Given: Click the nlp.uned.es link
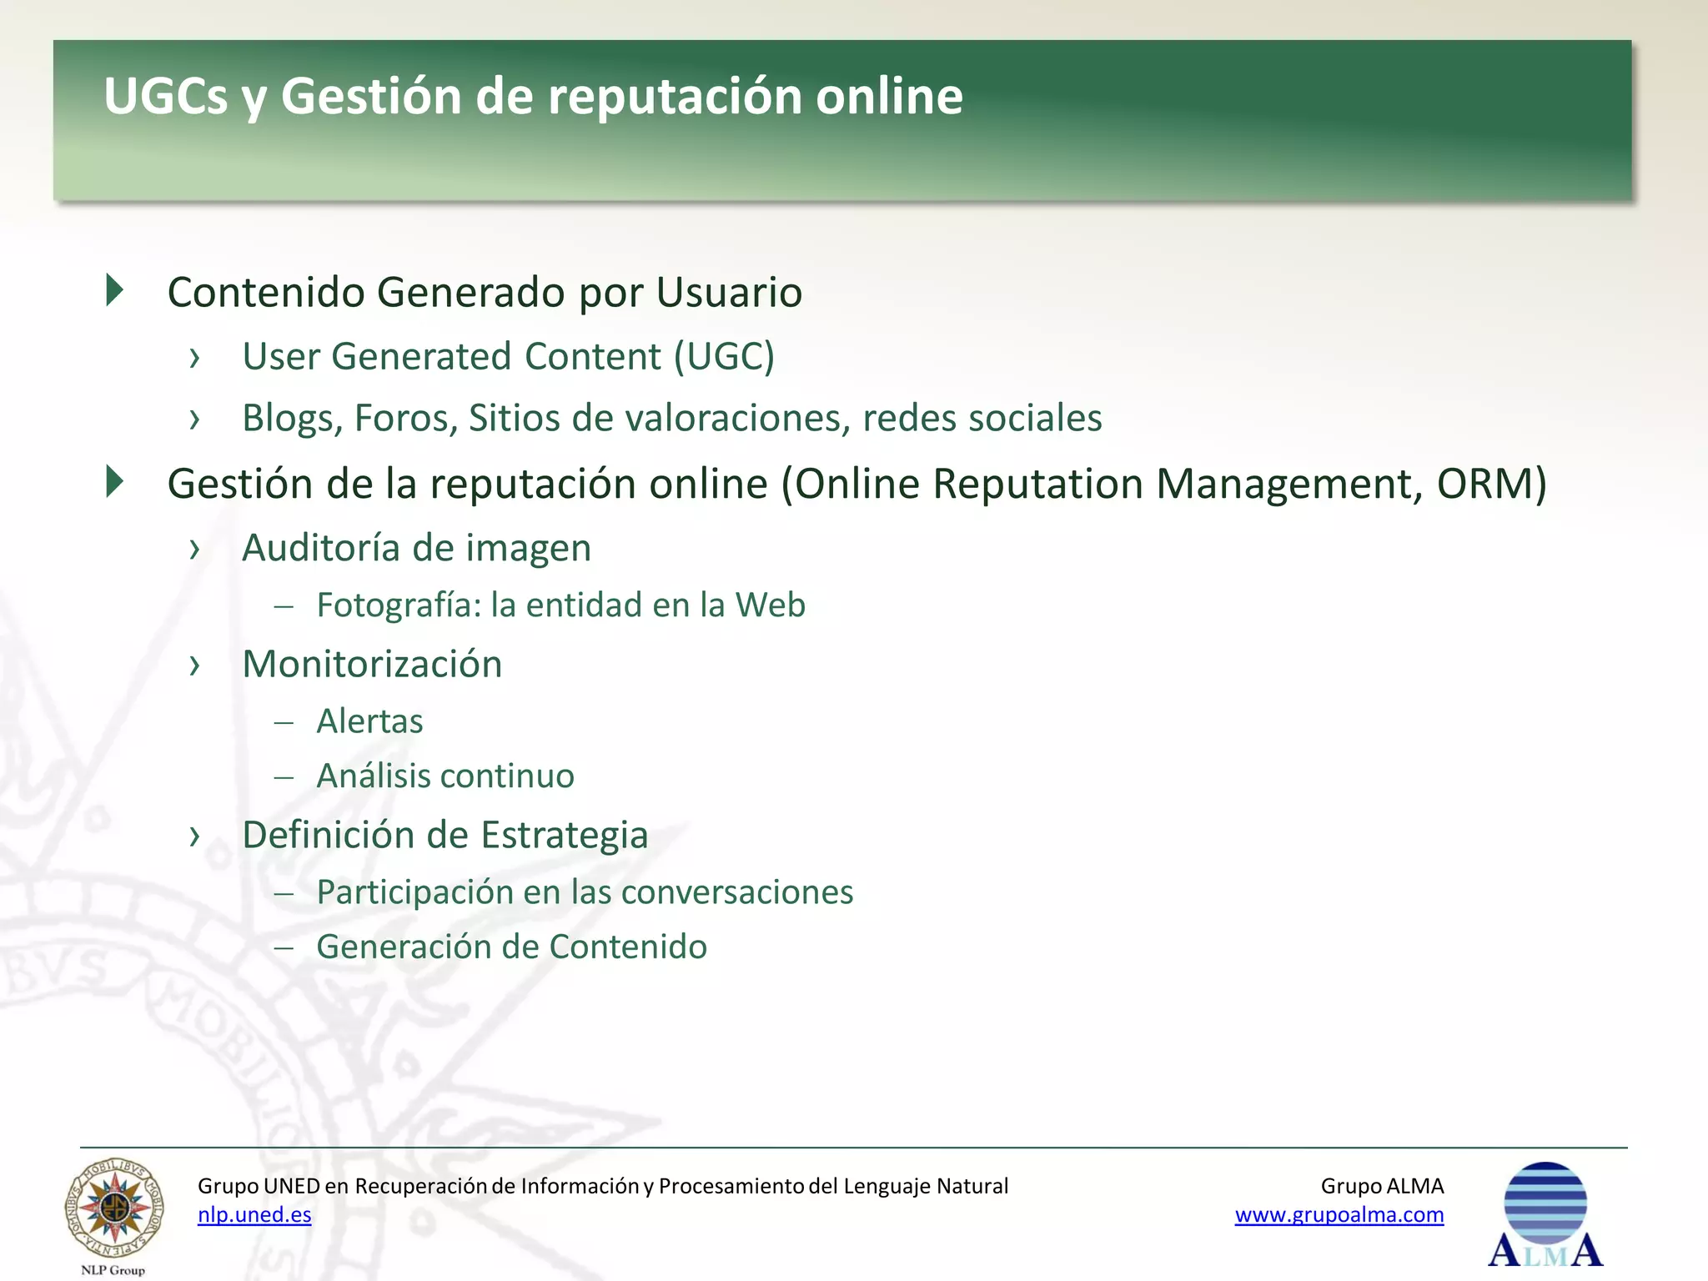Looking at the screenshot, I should (254, 1215).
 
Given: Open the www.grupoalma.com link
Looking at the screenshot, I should (1339, 1215).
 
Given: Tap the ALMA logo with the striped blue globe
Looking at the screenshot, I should (1545, 1214).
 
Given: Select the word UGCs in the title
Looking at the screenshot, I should (165, 96).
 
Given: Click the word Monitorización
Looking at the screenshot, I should (372, 665).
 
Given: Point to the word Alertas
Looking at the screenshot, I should (369, 721).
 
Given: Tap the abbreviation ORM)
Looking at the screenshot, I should (1491, 484).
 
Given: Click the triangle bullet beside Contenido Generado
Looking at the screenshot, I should (115, 290).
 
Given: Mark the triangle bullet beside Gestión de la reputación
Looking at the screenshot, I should (115, 482).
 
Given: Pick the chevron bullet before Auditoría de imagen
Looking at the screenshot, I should (195, 549).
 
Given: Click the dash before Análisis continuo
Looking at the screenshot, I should (284, 777).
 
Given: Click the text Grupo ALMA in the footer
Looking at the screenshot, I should (1382, 1186).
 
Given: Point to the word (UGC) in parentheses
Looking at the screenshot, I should (724, 357).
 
